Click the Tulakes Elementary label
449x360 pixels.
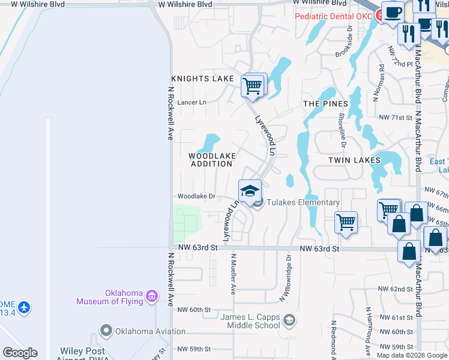click(x=303, y=203)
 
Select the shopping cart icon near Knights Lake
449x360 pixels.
click(x=253, y=86)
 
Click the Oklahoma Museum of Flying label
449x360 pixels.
click(x=109, y=297)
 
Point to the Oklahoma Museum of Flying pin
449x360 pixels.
click(x=151, y=296)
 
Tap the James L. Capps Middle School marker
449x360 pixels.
click(x=289, y=320)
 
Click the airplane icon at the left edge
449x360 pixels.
click(x=24, y=308)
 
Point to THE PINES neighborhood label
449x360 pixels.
click(x=325, y=104)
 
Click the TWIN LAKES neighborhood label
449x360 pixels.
click(x=354, y=160)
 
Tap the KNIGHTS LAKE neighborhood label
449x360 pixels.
click(x=202, y=79)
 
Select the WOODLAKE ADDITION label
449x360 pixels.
click(x=211, y=160)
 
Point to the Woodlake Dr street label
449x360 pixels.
click(x=196, y=196)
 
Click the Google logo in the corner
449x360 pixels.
click(x=20, y=353)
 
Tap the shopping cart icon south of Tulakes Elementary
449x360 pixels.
click(x=346, y=223)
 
